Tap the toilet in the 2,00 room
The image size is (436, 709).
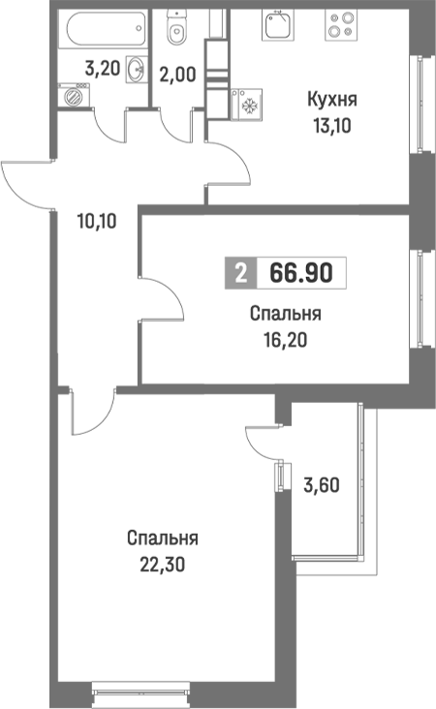176,31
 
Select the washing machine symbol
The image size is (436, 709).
71,96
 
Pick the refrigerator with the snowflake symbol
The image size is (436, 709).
246,103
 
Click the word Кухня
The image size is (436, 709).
332,100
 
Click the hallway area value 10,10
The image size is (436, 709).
96,220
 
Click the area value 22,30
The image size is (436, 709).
162,562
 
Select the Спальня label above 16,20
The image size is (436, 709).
285,315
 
